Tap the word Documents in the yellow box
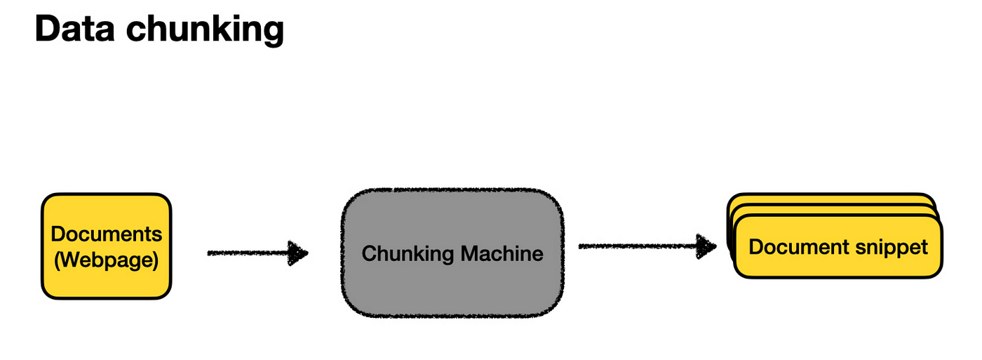click(107, 234)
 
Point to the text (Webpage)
click(107, 260)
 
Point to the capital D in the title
click(48, 29)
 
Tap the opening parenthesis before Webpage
click(58, 260)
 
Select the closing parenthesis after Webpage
click(155, 260)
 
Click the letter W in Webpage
click(69, 260)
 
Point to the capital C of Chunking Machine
click(368, 253)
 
